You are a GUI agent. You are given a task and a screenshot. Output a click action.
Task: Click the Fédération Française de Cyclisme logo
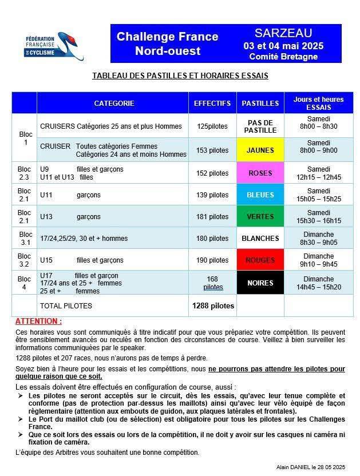(55, 45)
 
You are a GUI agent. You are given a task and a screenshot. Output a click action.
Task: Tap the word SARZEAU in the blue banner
(283, 33)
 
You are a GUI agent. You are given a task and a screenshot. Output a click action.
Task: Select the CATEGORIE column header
(114, 104)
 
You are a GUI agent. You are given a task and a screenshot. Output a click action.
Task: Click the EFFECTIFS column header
(212, 104)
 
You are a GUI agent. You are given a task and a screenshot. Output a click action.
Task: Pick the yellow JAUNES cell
(260, 150)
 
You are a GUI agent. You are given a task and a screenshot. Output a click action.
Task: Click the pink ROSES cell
(260, 173)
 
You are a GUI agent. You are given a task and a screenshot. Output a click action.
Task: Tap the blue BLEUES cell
(260, 195)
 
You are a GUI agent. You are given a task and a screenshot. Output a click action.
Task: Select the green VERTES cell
(260, 217)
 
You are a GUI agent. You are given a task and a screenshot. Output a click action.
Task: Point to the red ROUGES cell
(260, 260)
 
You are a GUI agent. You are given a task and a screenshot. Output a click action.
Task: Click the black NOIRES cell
(260, 283)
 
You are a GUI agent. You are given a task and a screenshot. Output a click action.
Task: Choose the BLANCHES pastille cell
(260, 239)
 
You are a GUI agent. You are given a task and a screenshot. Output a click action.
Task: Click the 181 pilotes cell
(212, 217)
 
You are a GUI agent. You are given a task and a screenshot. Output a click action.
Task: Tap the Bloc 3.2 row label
(25, 260)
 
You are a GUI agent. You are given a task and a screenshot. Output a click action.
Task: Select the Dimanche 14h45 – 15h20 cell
(319, 283)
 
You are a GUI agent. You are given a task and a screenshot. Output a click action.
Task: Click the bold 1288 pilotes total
(212, 306)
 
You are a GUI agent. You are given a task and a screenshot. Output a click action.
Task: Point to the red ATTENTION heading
(38, 322)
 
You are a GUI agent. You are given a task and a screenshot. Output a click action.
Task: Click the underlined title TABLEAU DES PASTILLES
(180, 76)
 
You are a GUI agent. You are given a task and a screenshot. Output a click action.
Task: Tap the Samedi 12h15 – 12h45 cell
(319, 173)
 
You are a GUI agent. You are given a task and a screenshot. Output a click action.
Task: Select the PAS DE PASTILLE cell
(260, 126)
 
